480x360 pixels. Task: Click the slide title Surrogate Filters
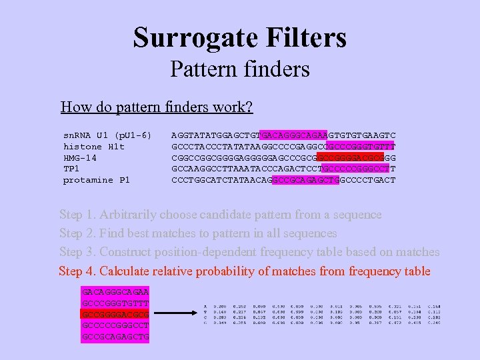coord(240,37)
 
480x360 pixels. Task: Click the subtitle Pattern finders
coord(240,69)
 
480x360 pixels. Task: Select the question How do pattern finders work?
coord(157,107)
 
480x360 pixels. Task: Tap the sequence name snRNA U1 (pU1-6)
coord(107,135)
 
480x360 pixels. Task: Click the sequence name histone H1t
coord(94,146)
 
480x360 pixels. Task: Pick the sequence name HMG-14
coord(80,157)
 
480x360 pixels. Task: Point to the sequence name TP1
coord(71,169)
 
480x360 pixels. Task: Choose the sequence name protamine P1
coord(97,180)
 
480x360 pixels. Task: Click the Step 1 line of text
coord(220,215)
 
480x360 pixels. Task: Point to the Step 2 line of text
coord(198,233)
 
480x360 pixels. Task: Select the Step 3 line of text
coord(249,252)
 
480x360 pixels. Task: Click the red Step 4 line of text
coord(245,271)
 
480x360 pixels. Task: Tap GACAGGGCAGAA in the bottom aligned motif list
coord(115,292)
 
